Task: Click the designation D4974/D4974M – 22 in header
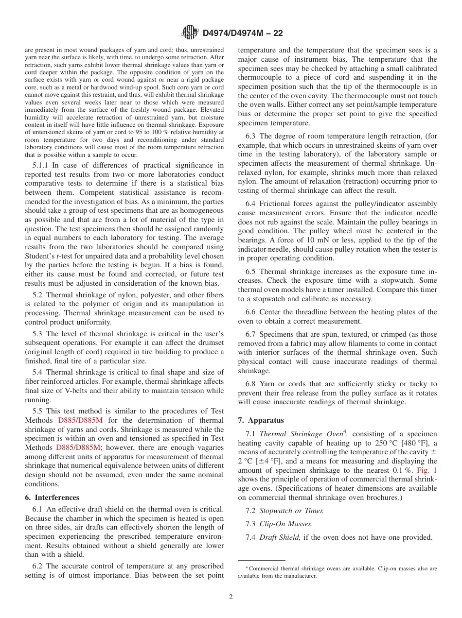(x=242, y=34)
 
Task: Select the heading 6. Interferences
(x=52, y=498)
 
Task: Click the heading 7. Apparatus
(x=261, y=420)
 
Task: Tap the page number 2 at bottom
(x=231, y=597)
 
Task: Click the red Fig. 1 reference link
(x=427, y=470)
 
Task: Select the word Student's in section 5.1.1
(x=40, y=256)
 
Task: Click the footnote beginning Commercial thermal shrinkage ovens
(x=337, y=572)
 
